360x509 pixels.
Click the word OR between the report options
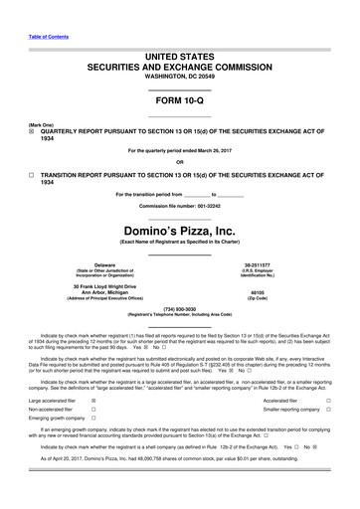(180, 163)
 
